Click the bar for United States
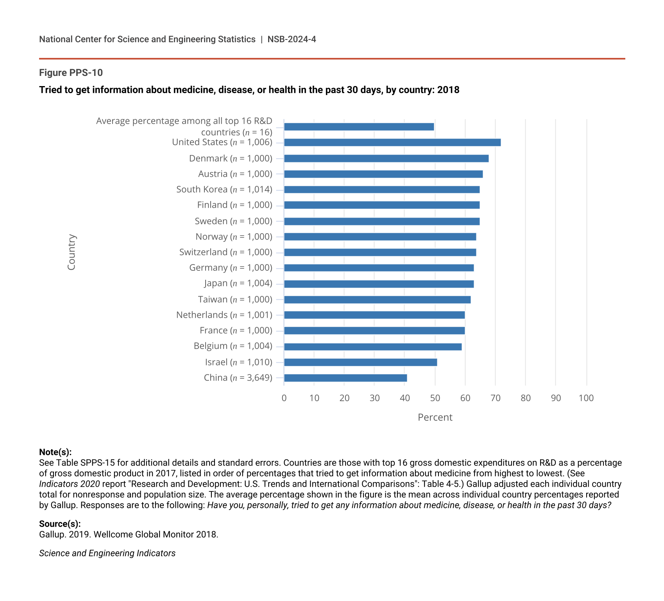coord(392,142)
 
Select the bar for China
coord(345,378)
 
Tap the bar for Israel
coord(360,362)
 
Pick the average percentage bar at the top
coord(359,127)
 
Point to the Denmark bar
coord(386,158)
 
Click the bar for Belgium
coord(373,347)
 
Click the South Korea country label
coord(224,189)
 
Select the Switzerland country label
coord(226,252)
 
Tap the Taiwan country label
coord(235,299)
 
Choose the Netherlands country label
coord(224,315)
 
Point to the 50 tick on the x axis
coord(435,398)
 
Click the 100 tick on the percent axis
coord(586,398)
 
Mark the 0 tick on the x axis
coord(284,398)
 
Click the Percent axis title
coord(435,417)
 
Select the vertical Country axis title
coord(72,252)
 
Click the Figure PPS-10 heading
coord(71,73)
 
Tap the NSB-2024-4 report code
coord(292,40)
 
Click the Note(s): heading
coord(55,452)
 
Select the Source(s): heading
coord(60,524)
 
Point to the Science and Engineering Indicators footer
coord(107,553)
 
